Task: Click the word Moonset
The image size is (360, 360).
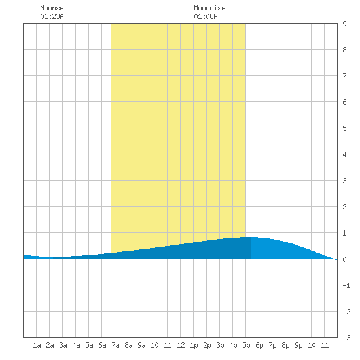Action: [x=54, y=8]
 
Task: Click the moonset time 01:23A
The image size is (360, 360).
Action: [x=52, y=16]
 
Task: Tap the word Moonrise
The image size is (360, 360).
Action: [x=209, y=8]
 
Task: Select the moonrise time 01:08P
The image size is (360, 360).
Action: [x=206, y=16]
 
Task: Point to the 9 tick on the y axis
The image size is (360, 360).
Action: [x=344, y=24]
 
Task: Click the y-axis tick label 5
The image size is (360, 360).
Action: [x=344, y=128]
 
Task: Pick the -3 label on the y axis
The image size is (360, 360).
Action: [x=346, y=338]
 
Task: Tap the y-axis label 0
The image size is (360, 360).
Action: [x=344, y=259]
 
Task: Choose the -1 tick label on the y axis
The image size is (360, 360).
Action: [x=346, y=285]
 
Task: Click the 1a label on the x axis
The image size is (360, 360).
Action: [x=37, y=345]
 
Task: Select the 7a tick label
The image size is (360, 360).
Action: [x=115, y=345]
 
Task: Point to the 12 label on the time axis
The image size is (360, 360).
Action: [x=181, y=345]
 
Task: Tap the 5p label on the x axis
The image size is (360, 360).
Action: [x=246, y=345]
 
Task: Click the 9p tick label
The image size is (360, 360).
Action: [x=298, y=345]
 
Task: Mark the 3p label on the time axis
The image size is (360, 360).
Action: [x=220, y=345]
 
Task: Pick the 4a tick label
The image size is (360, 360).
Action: [x=76, y=345]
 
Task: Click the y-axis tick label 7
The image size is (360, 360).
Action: [x=344, y=76]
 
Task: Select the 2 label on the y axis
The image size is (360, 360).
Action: [x=344, y=207]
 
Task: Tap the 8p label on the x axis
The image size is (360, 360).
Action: [x=285, y=345]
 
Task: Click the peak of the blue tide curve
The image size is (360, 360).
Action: [x=250, y=237]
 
